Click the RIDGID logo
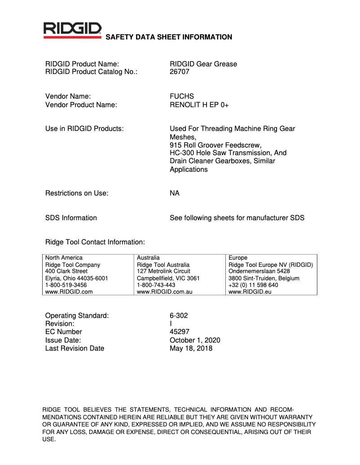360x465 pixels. coord(72,30)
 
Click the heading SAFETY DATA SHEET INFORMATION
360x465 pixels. coord(168,37)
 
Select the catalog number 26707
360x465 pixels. coord(180,72)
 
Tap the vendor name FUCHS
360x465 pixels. coord(182,96)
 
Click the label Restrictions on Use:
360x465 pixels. coord(77,193)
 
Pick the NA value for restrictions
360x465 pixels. coord(175,193)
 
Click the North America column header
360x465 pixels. coord(64,258)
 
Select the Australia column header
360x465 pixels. coord(148,258)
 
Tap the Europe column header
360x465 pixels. coord(238,258)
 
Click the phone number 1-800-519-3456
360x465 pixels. coord(66,285)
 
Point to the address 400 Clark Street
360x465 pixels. coord(66,271)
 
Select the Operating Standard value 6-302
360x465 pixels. coord(179,315)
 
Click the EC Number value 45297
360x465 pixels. coord(180,332)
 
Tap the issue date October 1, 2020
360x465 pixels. coord(195,340)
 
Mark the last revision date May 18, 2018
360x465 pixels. coord(191,348)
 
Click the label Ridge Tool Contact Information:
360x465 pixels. coord(95,242)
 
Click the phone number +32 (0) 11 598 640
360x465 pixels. coord(253,285)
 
